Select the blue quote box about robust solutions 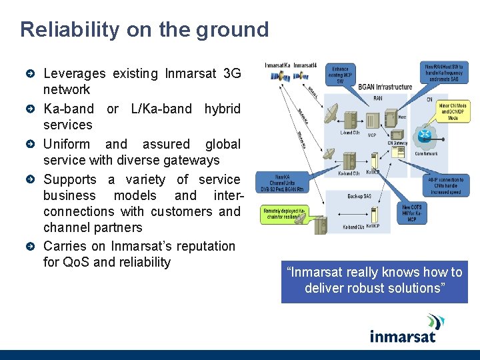(374, 281)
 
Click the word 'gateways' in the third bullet (193, 160)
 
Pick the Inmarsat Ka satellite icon (276, 76)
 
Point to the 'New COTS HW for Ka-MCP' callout (411, 213)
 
